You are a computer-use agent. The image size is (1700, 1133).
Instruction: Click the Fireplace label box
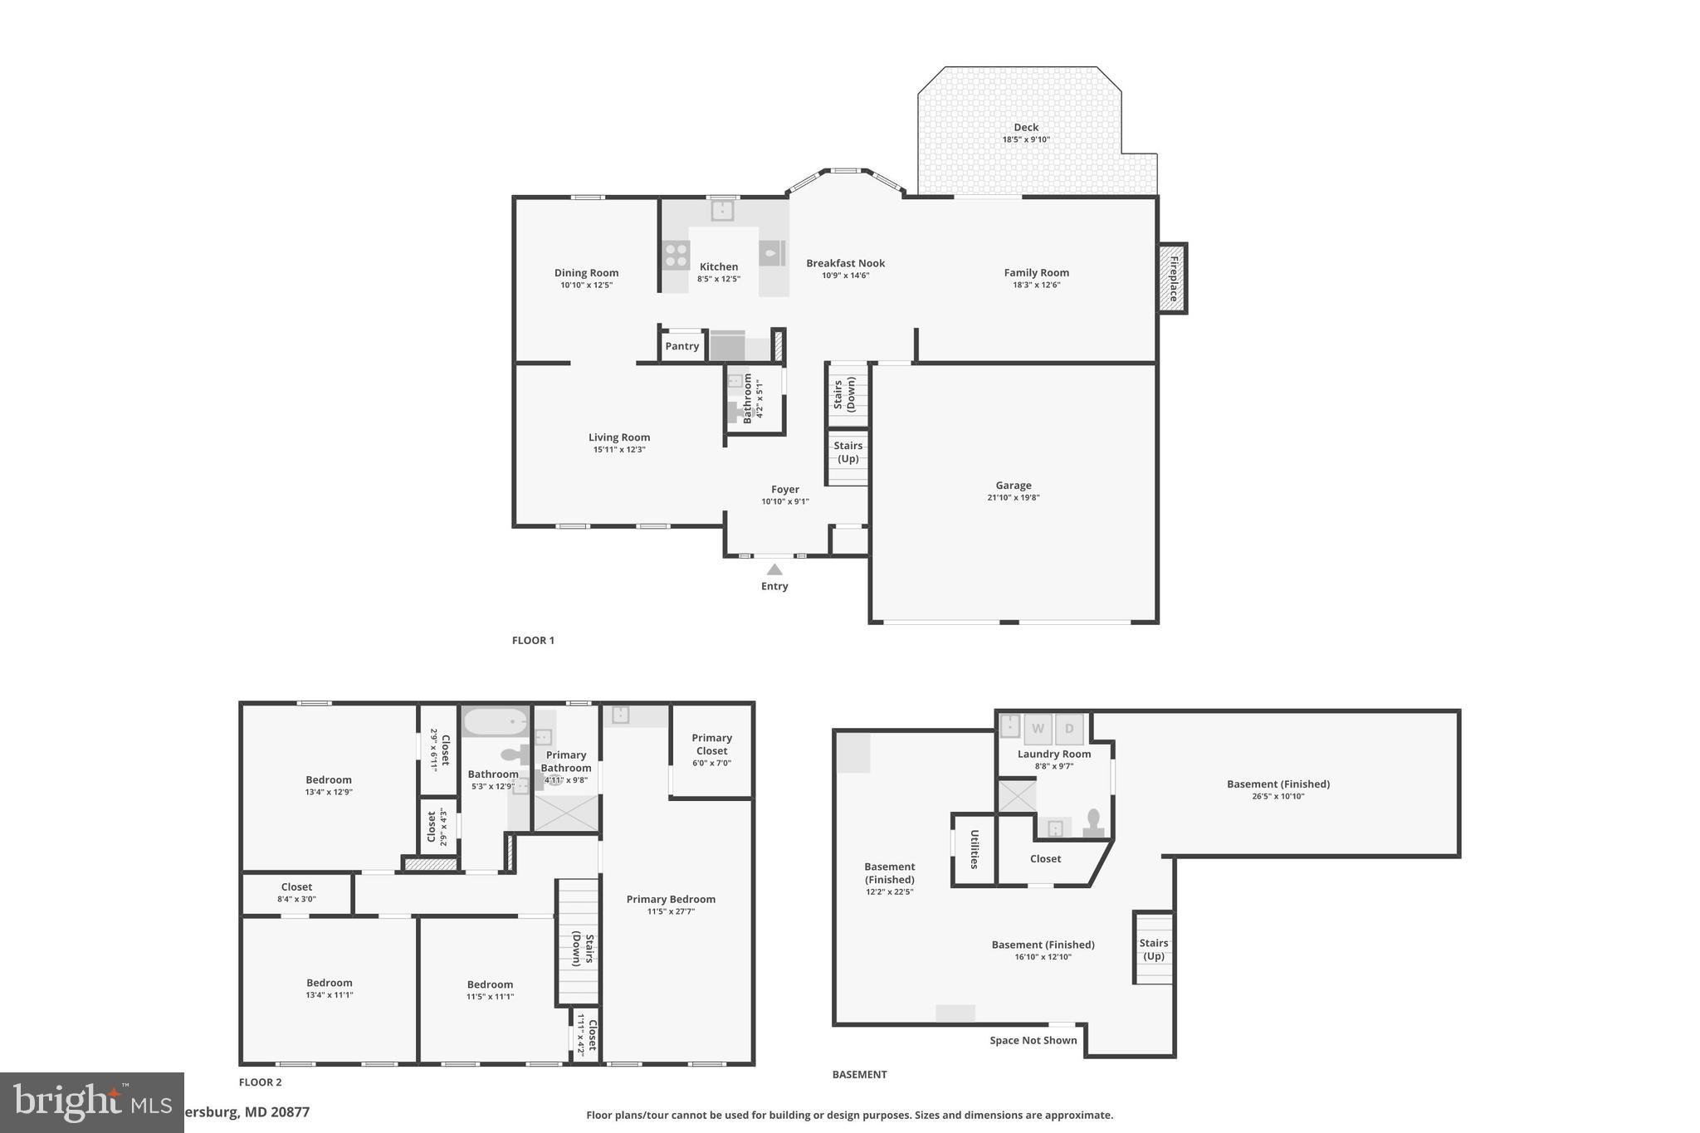(1173, 278)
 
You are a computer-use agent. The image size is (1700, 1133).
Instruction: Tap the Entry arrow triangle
(774, 569)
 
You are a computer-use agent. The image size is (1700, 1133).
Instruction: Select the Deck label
(1026, 127)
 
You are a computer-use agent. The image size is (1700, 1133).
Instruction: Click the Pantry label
(681, 346)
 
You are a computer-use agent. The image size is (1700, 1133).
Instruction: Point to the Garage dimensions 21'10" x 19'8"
(1013, 498)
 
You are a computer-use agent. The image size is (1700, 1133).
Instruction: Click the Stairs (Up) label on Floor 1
(848, 452)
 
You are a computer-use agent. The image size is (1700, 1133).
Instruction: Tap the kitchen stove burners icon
(676, 255)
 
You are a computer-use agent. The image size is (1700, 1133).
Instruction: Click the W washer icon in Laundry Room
(1038, 729)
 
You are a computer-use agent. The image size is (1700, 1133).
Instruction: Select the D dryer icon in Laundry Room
(1069, 729)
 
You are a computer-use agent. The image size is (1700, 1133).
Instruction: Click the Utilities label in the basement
(975, 849)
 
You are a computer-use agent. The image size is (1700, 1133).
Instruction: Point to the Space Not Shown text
(1033, 1040)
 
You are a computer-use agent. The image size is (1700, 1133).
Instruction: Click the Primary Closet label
(711, 744)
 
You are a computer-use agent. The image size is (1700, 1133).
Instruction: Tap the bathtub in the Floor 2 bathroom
(495, 721)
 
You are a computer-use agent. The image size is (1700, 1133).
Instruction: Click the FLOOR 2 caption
(260, 1082)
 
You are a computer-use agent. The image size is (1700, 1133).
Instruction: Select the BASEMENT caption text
(859, 1074)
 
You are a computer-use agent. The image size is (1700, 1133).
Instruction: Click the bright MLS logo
(91, 1102)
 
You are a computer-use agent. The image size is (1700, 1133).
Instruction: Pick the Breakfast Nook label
(845, 263)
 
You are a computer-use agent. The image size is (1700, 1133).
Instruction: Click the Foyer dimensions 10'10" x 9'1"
(784, 501)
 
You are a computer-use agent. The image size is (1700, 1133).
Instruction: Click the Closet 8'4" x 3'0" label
(296, 892)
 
